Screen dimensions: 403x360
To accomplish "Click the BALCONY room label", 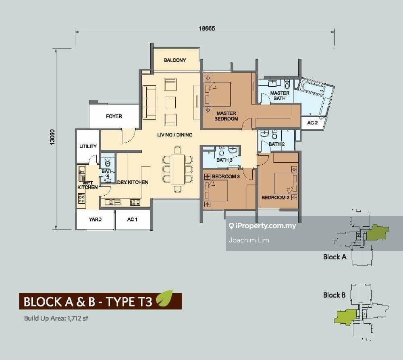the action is tap(175, 60).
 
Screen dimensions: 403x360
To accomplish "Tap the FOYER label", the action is tap(114, 116).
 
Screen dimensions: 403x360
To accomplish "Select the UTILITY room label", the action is tap(88, 146).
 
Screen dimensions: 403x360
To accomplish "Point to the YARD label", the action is tap(95, 219).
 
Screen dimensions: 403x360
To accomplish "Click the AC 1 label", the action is tap(132, 219).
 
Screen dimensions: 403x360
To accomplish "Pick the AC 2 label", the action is tap(312, 123).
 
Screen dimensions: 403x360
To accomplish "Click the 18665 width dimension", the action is tap(207, 28).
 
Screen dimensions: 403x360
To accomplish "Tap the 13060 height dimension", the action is tap(52, 137).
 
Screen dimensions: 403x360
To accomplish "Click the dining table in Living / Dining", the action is tap(178, 169).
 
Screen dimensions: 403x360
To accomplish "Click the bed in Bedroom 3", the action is tap(216, 190).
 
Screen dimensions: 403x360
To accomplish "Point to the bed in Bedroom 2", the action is tap(285, 183).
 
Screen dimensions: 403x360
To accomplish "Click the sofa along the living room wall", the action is tap(150, 102).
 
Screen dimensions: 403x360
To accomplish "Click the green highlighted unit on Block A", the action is tap(377, 232).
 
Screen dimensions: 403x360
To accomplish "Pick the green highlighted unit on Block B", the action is tap(345, 317).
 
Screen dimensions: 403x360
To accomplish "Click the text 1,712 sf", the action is tap(78, 319).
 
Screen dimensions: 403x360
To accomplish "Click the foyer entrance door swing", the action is tap(128, 135).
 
